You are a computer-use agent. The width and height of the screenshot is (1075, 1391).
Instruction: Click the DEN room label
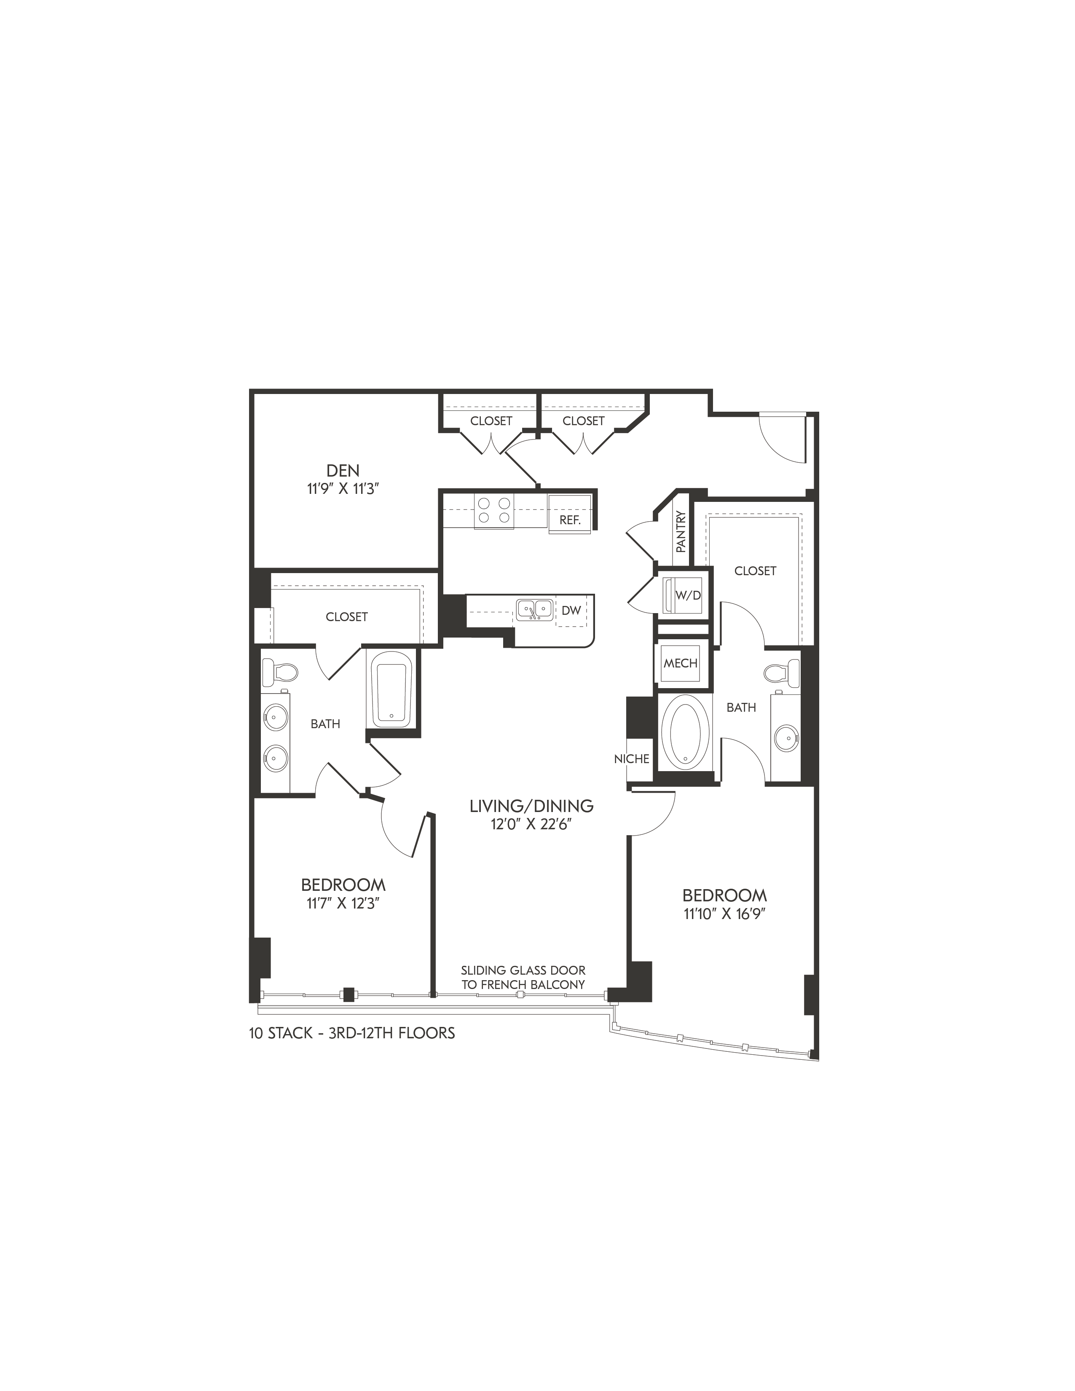pyautogui.click(x=343, y=471)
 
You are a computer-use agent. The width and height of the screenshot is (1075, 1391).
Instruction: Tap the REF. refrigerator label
pyautogui.click(x=570, y=520)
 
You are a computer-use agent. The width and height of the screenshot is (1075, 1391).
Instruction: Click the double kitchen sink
pyautogui.click(x=533, y=609)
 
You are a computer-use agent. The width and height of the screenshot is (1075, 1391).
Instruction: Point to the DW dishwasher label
pyautogui.click(x=571, y=610)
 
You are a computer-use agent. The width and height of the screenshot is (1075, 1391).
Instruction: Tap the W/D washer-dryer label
pyautogui.click(x=688, y=595)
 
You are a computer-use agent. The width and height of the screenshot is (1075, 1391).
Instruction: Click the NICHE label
pyautogui.click(x=632, y=758)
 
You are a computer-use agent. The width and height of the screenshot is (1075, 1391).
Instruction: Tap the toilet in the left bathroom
pyautogui.click(x=280, y=671)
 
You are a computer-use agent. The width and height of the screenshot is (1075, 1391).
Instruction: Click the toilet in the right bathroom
pyautogui.click(x=781, y=671)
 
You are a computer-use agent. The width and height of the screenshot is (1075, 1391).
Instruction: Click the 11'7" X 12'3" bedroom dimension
pyautogui.click(x=343, y=904)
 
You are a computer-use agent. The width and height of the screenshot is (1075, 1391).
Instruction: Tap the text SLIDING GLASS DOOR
pyautogui.click(x=523, y=970)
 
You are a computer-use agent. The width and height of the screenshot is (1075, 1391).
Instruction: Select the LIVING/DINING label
pyautogui.click(x=531, y=806)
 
